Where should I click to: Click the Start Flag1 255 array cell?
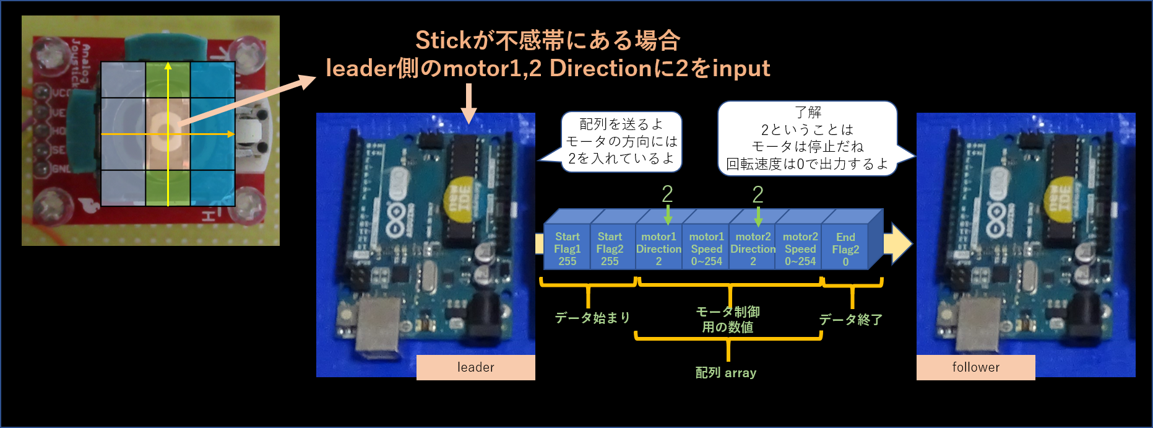567,248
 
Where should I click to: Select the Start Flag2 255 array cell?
610,248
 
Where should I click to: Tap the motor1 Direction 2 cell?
658,248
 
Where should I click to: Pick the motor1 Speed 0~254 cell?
706,248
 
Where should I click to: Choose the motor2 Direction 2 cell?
753,248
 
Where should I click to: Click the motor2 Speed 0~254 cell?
800,248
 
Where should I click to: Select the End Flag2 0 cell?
845,249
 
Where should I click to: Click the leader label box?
475,367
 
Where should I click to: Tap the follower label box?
975,367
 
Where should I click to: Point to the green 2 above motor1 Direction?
667,194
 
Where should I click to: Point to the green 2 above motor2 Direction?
758,194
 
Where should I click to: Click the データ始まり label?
592,318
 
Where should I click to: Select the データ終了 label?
851,320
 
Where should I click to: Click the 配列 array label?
726,373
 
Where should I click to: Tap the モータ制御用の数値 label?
728,319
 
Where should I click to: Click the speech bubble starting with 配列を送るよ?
621,141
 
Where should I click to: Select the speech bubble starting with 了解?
807,138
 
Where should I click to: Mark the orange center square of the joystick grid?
168,134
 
